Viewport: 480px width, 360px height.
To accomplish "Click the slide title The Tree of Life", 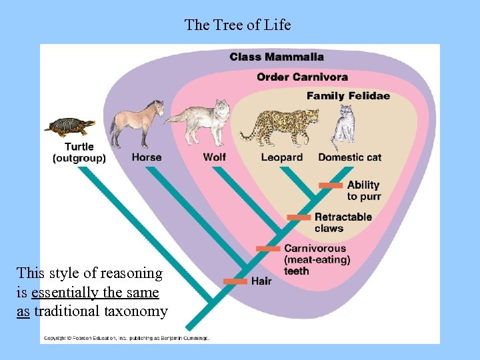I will pyautogui.click(x=237, y=25).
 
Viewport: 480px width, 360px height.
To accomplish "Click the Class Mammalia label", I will pyautogui.click(x=277, y=57).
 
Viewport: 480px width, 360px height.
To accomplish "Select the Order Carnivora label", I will pyautogui.click(x=302, y=77).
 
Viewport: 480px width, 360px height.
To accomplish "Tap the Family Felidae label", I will pyautogui.click(x=348, y=96).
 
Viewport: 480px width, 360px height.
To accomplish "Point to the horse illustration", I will pyautogui.click(x=137, y=123).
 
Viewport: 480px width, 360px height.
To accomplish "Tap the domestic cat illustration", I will pyautogui.click(x=344, y=125).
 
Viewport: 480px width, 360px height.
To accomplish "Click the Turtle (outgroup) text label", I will pyautogui.click(x=79, y=152).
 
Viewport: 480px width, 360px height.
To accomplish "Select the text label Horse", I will pyautogui.click(x=147, y=157).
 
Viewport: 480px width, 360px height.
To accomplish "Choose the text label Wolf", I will pyautogui.click(x=215, y=157).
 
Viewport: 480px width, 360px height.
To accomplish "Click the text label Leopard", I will pyautogui.click(x=281, y=157).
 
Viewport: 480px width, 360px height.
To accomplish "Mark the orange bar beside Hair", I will pyautogui.click(x=235, y=281).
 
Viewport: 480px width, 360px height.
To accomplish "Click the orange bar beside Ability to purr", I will pyautogui.click(x=331, y=185).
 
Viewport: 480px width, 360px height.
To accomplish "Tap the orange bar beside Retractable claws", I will pyautogui.click(x=299, y=217).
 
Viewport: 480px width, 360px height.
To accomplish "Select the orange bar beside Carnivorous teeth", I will pyautogui.click(x=268, y=249).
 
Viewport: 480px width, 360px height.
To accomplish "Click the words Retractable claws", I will pyautogui.click(x=343, y=223).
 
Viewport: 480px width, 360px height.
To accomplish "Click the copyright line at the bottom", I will pyautogui.click(x=127, y=338).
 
